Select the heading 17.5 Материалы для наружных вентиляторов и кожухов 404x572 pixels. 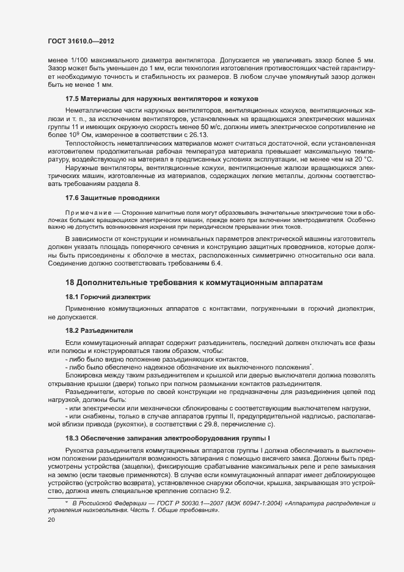coord(162,98)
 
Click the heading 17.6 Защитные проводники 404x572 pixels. coord(112,198)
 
